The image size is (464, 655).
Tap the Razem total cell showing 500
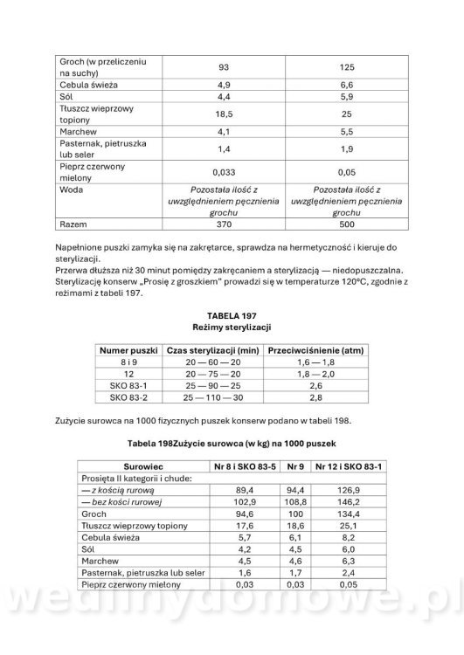346,224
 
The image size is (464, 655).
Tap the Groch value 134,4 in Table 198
354,515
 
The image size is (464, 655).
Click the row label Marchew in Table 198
96,562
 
